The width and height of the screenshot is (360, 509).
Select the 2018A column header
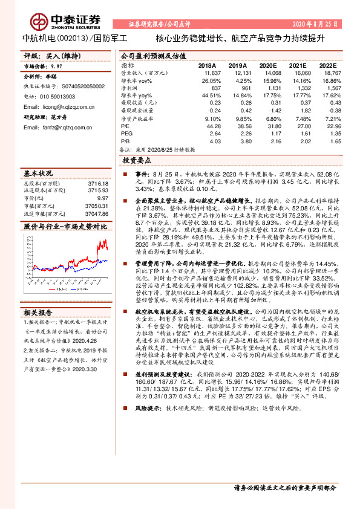[x=208, y=65]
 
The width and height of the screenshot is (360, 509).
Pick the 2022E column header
[x=328, y=65]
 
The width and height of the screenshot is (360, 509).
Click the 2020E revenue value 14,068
[x=268, y=72]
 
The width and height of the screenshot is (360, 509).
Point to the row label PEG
[x=126, y=133]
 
